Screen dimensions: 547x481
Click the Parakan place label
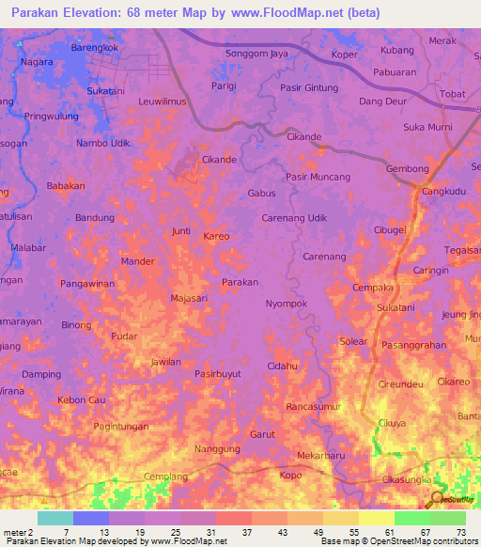click(x=240, y=282)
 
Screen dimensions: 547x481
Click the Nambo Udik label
click(x=102, y=142)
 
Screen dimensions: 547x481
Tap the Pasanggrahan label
click(x=414, y=345)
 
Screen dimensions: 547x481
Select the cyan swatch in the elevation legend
click(x=54, y=518)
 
